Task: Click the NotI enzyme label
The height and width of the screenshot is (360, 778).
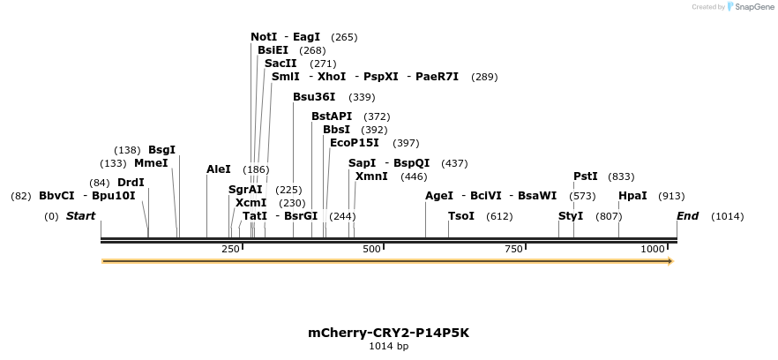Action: click(x=264, y=37)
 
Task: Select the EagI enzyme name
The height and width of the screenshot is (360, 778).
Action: click(x=306, y=37)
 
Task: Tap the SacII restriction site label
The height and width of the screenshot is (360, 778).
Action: click(x=281, y=64)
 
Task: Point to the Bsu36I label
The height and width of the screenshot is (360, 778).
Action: click(x=314, y=97)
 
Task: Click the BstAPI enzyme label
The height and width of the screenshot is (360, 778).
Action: click(x=332, y=116)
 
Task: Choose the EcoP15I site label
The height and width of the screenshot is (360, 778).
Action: click(x=354, y=143)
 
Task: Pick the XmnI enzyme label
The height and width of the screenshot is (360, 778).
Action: click(x=371, y=176)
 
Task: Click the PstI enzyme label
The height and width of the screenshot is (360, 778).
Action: click(x=586, y=176)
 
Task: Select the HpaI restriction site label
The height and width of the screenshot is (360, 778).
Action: click(x=632, y=196)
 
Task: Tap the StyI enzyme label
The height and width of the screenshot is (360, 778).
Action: click(x=571, y=216)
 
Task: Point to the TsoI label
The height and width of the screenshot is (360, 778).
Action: click(x=461, y=216)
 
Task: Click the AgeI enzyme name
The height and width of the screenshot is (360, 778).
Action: click(x=439, y=196)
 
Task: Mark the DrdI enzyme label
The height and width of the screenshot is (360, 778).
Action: click(x=131, y=183)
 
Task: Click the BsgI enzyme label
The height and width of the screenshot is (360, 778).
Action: click(x=161, y=150)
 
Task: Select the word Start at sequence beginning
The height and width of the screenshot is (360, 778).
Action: click(x=80, y=216)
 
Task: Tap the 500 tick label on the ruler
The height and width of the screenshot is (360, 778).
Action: click(x=371, y=250)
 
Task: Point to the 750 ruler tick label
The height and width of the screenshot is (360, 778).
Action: click(x=513, y=250)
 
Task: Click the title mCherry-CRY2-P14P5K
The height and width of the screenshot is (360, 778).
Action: click(x=388, y=333)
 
